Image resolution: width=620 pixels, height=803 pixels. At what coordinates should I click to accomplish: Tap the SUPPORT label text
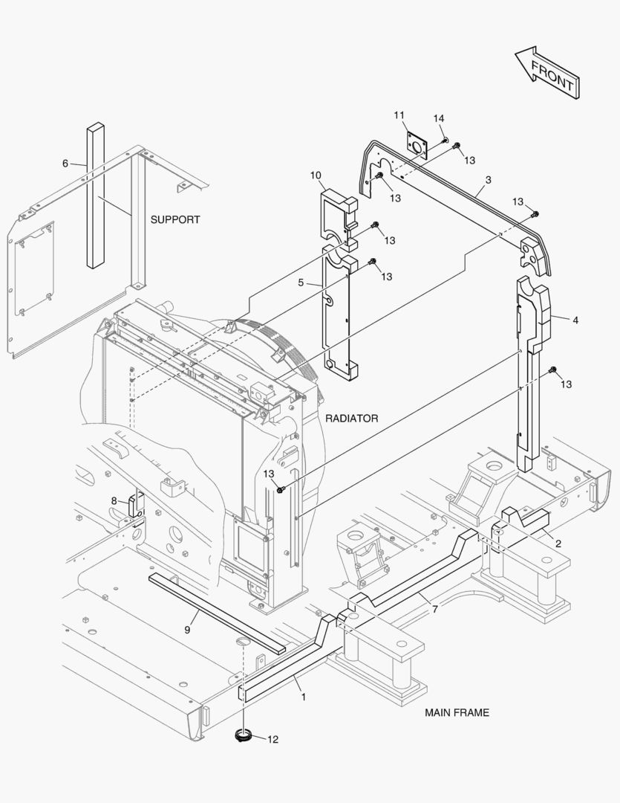[175, 220]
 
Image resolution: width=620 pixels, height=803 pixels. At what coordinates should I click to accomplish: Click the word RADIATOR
[351, 419]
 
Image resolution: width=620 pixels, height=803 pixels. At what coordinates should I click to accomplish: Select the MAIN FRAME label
[457, 712]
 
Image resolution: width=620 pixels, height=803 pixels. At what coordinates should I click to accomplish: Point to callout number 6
[65, 163]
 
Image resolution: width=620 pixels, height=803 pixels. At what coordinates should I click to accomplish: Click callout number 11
[399, 115]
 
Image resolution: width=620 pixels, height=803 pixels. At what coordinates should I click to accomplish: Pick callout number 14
[439, 119]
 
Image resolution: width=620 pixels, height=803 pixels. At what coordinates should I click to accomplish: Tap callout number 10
[316, 175]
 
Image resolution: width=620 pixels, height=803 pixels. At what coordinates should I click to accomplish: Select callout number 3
[488, 180]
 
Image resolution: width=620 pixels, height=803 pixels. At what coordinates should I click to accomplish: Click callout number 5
[301, 283]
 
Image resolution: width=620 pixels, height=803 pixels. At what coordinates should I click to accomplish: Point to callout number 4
[575, 320]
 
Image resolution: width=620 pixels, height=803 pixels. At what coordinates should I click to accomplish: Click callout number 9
[187, 630]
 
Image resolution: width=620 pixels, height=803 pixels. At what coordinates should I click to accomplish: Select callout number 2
[558, 544]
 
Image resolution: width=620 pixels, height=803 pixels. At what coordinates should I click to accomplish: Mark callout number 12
[273, 739]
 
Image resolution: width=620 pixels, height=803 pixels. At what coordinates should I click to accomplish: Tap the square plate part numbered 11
[418, 145]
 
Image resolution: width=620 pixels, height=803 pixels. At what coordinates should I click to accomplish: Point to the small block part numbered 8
[137, 505]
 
